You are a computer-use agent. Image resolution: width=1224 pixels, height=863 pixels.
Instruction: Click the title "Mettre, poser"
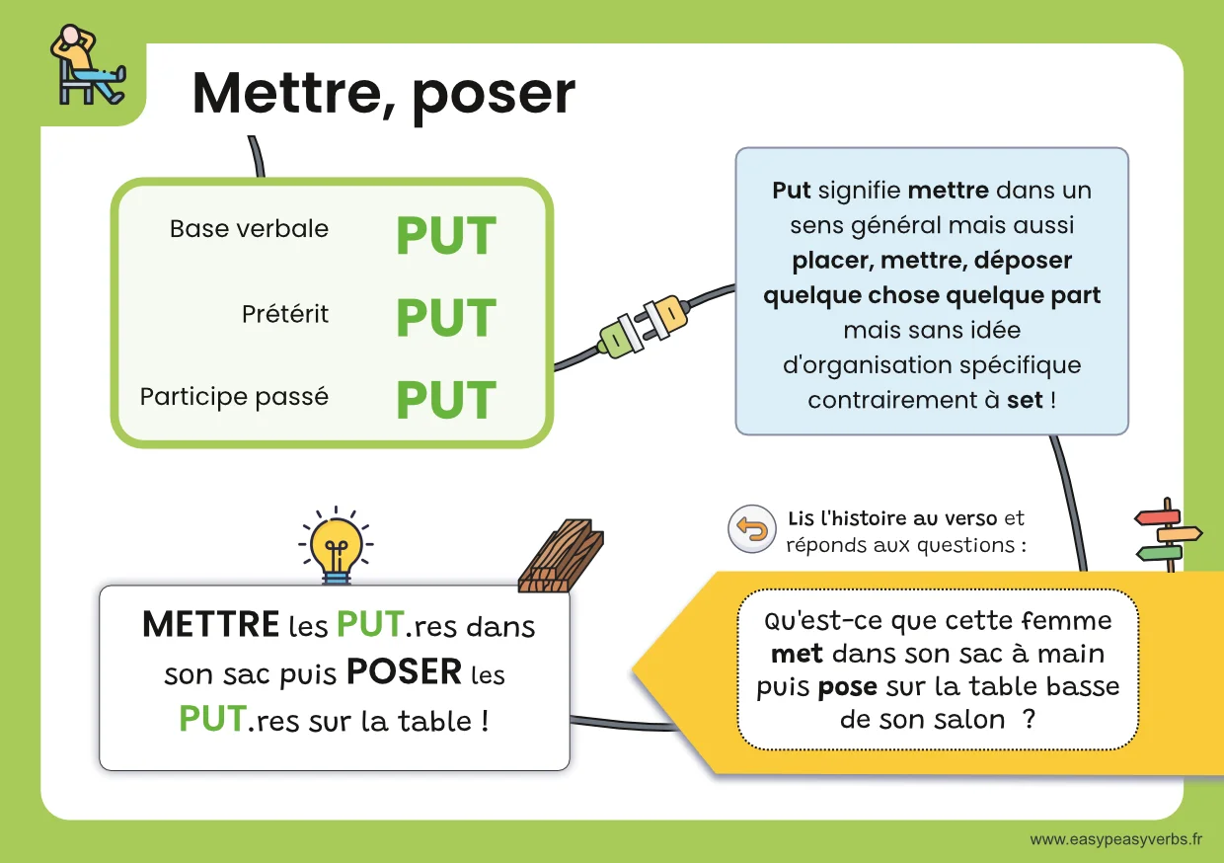tap(383, 94)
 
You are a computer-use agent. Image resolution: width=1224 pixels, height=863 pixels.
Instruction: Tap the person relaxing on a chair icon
tap(88, 66)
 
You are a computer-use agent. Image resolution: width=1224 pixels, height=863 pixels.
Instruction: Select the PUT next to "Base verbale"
tap(446, 237)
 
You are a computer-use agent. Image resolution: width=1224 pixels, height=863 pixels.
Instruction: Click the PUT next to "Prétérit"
tap(446, 318)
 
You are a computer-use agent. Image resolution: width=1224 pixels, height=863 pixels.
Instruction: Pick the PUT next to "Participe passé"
tap(446, 400)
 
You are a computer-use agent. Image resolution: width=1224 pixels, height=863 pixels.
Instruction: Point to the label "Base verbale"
tap(249, 229)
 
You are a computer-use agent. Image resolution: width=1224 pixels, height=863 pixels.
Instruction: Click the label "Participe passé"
tap(234, 397)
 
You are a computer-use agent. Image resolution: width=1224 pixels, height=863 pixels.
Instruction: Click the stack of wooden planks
tap(562, 556)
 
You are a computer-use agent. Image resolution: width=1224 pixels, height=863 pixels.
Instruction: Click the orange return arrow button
tap(752, 530)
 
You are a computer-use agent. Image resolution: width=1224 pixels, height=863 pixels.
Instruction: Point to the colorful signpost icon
tap(1168, 534)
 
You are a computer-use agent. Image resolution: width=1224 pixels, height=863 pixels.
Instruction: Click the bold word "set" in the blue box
tap(1024, 401)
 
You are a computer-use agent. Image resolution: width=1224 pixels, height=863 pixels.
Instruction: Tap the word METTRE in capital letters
tap(210, 625)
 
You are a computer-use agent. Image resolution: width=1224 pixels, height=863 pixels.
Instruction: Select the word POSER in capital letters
tap(404, 673)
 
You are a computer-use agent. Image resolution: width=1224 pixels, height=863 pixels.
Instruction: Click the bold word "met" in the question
tap(798, 655)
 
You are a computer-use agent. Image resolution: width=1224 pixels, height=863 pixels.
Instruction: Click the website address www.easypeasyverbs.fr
tap(1115, 839)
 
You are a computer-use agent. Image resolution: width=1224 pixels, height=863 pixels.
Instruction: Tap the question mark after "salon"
tap(1030, 720)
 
